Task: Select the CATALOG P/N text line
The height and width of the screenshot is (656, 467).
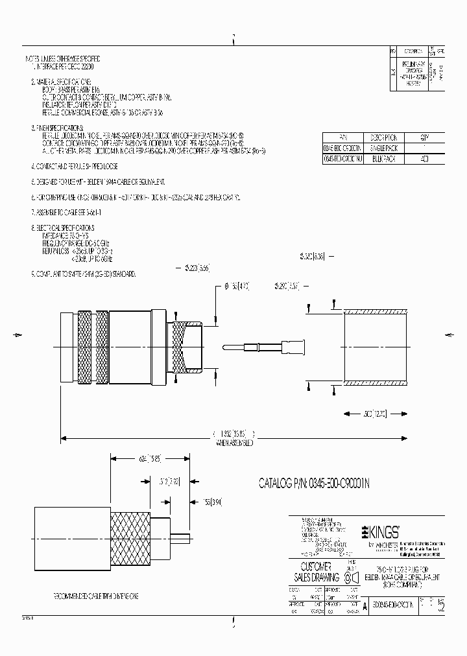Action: pos(314,483)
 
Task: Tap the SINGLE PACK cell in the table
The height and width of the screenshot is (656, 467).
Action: pos(383,148)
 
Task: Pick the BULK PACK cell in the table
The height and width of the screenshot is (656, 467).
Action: pos(383,158)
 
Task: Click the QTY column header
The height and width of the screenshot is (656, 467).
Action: pos(424,137)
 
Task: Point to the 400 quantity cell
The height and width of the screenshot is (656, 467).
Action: pos(424,158)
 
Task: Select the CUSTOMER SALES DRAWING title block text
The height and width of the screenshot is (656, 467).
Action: pos(318,570)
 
